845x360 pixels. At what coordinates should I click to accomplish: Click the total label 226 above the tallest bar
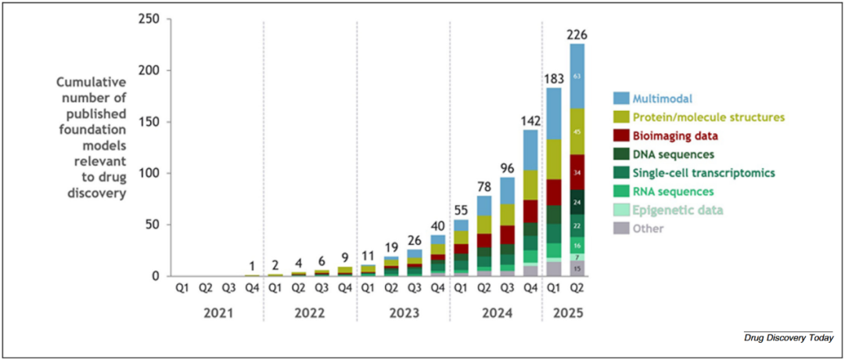tap(577, 34)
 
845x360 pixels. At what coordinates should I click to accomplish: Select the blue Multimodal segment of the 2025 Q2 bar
tap(577, 76)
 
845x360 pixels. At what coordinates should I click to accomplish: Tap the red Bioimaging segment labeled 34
tap(577, 171)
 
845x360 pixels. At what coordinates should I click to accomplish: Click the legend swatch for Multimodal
tap(622, 98)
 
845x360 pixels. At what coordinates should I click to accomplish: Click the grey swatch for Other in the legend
tap(622, 229)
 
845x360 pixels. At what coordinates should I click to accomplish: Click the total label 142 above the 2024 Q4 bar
tap(530, 121)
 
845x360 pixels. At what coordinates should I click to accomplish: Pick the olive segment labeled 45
tap(577, 131)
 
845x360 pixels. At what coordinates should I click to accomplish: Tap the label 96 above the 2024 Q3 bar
tap(507, 167)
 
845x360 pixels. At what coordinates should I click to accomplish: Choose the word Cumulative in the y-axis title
tap(92, 81)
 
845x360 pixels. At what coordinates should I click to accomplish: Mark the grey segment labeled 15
tap(577, 268)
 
